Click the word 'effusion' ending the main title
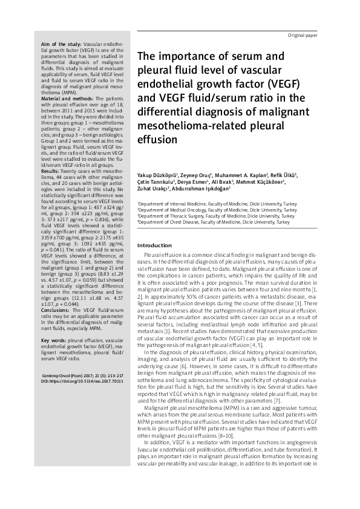click(155, 140)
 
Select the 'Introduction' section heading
click(155, 245)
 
